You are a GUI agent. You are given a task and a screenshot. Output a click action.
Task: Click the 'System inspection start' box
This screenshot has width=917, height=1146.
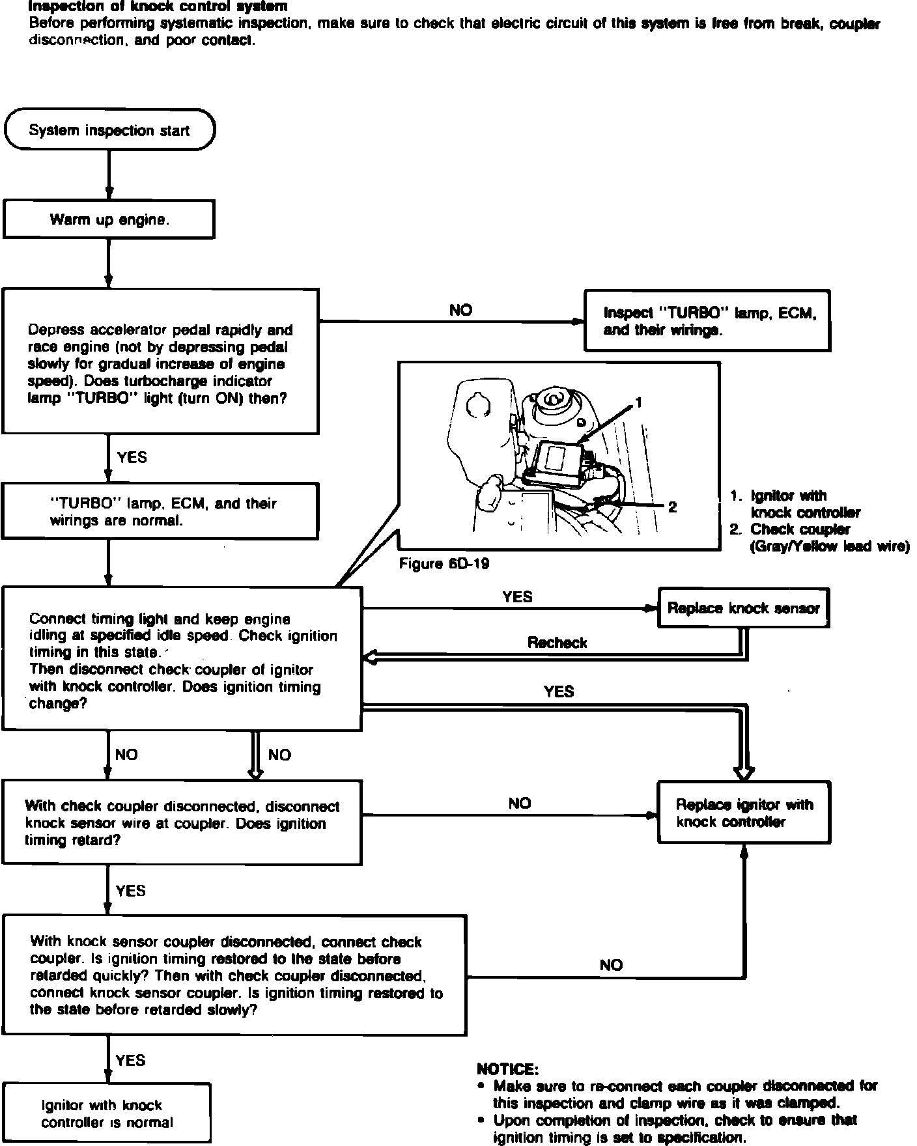pyautogui.click(x=109, y=130)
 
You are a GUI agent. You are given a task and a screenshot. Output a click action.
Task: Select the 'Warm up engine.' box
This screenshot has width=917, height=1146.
pyautogui.click(x=109, y=219)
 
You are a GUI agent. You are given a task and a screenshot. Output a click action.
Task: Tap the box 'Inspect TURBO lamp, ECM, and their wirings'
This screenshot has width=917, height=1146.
pyautogui.click(x=707, y=321)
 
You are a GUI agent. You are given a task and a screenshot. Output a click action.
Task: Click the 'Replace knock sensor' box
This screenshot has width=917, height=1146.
pyautogui.click(x=743, y=608)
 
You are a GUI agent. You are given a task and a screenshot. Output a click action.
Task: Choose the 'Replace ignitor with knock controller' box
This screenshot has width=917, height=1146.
pyautogui.click(x=744, y=813)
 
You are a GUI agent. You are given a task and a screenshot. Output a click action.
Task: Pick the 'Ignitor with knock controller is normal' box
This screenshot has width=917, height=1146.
pyautogui.click(x=107, y=1113)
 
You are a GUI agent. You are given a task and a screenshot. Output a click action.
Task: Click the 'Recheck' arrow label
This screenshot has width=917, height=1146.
pyautogui.click(x=557, y=643)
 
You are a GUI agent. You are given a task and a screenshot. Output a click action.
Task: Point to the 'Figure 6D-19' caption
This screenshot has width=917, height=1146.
pyautogui.click(x=444, y=564)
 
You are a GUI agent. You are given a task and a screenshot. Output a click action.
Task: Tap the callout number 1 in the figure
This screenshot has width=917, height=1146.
pyautogui.click(x=639, y=403)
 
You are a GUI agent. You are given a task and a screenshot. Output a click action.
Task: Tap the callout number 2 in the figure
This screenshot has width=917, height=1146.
pyautogui.click(x=673, y=506)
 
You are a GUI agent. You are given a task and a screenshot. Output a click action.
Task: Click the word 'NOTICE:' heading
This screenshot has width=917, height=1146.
pyautogui.click(x=507, y=1069)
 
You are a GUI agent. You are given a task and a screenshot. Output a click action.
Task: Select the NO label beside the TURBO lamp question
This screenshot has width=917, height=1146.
pyautogui.click(x=460, y=311)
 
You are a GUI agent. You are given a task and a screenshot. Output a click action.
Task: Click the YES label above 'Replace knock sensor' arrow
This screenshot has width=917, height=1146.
pyautogui.click(x=517, y=596)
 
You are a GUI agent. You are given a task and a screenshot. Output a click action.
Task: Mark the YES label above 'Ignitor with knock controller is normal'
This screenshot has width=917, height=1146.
pyautogui.click(x=130, y=1060)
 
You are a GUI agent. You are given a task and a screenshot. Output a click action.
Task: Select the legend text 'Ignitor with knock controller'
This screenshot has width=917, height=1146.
pyautogui.click(x=804, y=504)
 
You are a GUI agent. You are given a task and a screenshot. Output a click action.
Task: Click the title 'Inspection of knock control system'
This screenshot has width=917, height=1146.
pyautogui.click(x=158, y=7)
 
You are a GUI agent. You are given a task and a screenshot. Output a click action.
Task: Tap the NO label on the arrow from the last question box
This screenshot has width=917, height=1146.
pyautogui.click(x=611, y=965)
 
